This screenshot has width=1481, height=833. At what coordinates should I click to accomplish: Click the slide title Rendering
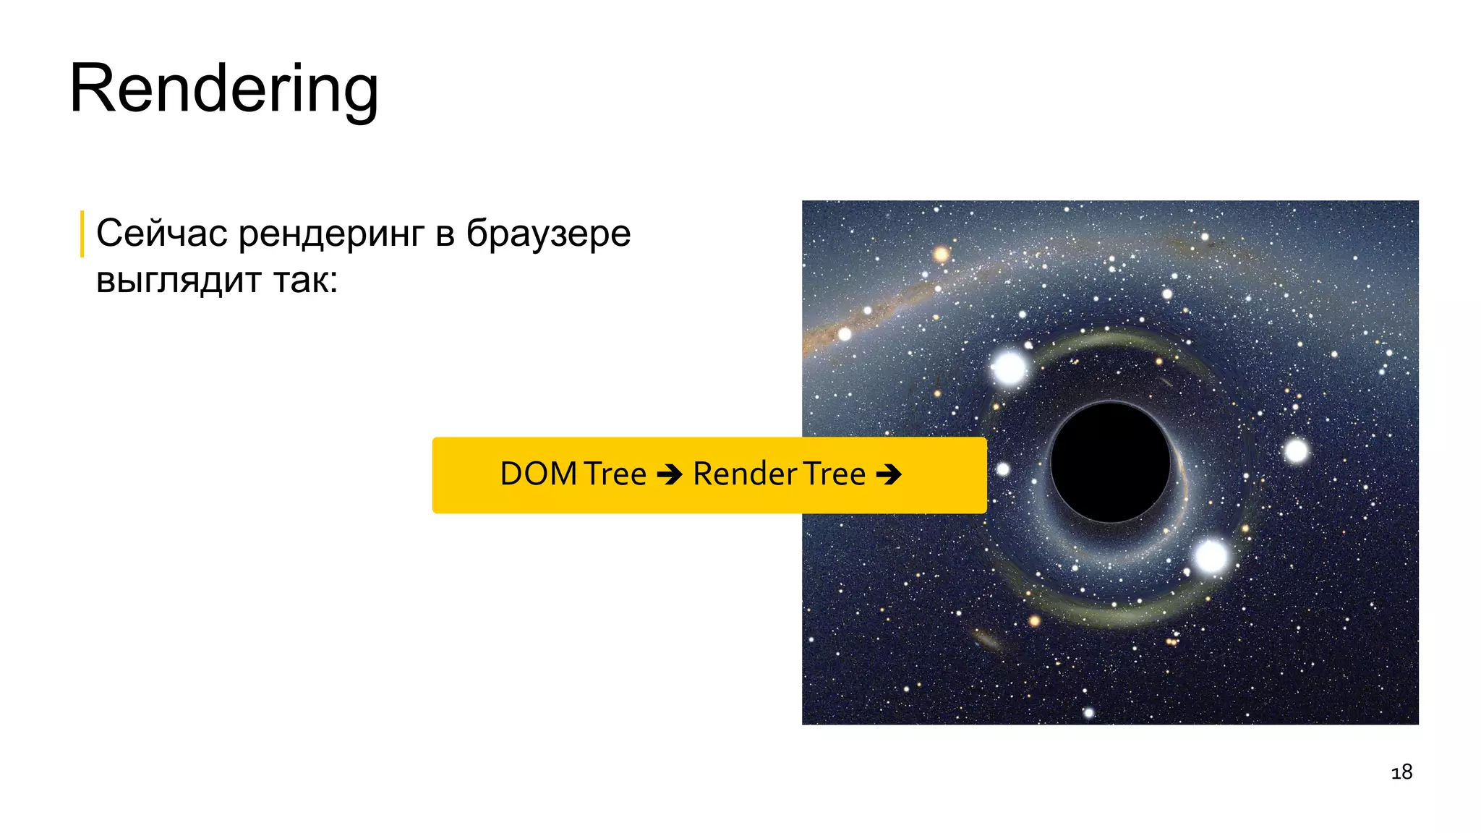pyautogui.click(x=223, y=89)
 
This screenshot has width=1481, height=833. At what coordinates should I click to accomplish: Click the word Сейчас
pyautogui.click(x=161, y=234)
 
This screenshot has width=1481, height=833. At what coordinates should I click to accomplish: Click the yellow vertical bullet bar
pyautogui.click(x=82, y=234)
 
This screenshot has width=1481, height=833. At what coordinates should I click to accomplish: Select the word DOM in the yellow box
pyautogui.click(x=538, y=474)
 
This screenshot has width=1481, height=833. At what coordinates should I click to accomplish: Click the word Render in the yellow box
pyautogui.click(x=745, y=474)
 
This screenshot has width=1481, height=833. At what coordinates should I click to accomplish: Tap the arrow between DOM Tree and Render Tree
pyautogui.click(x=670, y=475)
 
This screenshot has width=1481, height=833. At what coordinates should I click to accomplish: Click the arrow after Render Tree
pyautogui.click(x=889, y=475)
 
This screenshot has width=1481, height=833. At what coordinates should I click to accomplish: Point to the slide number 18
pyautogui.click(x=1401, y=772)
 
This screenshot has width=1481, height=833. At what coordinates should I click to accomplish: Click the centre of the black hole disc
pyautogui.click(x=1110, y=462)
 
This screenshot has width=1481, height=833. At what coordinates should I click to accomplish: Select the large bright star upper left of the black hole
pyautogui.click(x=1010, y=367)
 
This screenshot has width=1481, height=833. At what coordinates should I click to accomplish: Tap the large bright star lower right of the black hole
pyautogui.click(x=1211, y=556)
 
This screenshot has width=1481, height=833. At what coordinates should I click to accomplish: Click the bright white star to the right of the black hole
pyautogui.click(x=1296, y=451)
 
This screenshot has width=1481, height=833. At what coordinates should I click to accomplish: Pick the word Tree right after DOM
pyautogui.click(x=615, y=474)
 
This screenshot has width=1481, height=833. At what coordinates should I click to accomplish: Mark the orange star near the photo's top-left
pyautogui.click(x=941, y=254)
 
